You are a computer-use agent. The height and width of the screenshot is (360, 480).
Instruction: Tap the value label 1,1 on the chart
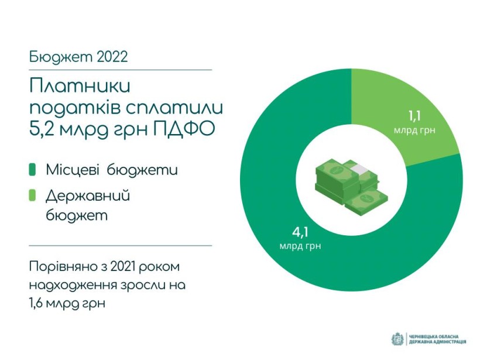coord(415,116)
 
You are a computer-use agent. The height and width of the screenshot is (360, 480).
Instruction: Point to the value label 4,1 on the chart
coord(300,232)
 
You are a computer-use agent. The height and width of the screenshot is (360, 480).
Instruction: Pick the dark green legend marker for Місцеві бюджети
coord(32,170)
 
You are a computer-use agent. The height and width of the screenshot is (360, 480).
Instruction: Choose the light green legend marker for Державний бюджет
coord(32,196)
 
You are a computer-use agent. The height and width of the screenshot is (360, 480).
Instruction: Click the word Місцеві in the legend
coord(72,170)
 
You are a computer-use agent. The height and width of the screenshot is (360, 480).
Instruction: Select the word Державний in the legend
coord(88,196)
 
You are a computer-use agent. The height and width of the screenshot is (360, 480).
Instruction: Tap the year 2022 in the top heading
coord(112,57)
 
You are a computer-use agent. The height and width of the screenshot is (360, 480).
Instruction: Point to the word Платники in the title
coord(80,86)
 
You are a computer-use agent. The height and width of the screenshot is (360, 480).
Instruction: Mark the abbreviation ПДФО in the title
coord(183,129)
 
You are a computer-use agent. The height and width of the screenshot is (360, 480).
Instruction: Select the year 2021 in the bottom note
coord(123,266)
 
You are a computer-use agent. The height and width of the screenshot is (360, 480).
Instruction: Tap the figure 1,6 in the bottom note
coord(37,303)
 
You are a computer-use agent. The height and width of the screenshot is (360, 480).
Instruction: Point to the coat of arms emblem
coord(397,339)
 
